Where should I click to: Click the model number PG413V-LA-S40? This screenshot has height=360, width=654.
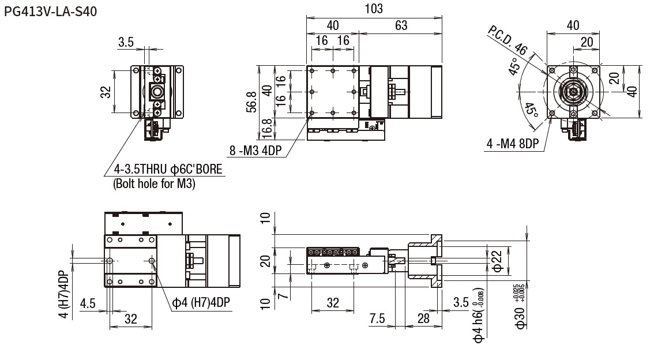pyautogui.click(x=51, y=12)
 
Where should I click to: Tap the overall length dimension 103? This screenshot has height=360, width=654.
pyautogui.click(x=374, y=9)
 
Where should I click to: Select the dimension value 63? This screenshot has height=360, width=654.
pyautogui.click(x=401, y=25)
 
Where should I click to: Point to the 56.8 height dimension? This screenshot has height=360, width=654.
pyautogui.click(x=251, y=102)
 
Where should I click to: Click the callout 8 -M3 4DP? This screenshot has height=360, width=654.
pyautogui.click(x=255, y=151)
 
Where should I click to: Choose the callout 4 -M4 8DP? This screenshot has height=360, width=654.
pyautogui.click(x=513, y=144)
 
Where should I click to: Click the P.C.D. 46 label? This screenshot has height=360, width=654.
pyautogui.click(x=507, y=40)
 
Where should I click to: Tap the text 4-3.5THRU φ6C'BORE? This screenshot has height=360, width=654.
pyautogui.click(x=168, y=170)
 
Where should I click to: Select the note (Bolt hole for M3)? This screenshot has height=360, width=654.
pyautogui.click(x=154, y=183)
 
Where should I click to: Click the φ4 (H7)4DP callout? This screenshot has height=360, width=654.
pyautogui.click(x=201, y=302)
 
